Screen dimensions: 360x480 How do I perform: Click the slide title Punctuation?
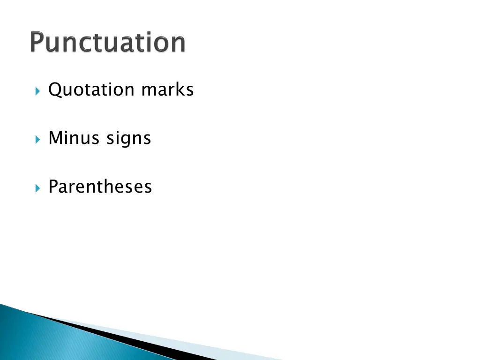tap(108, 43)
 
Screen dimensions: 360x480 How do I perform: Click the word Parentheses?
tap(100, 187)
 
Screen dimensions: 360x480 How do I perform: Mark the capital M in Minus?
tap(55, 138)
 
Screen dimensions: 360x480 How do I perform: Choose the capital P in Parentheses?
tap(53, 187)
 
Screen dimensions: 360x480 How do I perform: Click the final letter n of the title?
tap(177, 44)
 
